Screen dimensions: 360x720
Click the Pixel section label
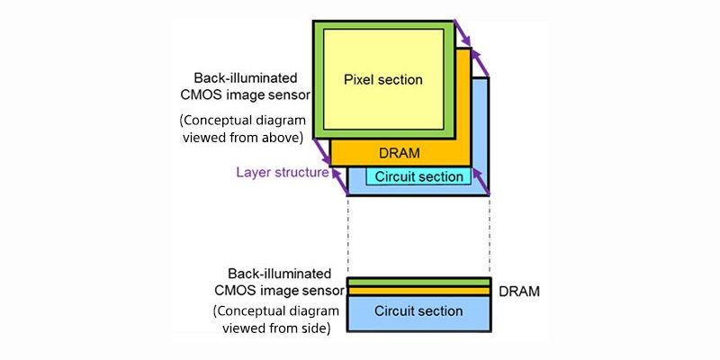(x=382, y=80)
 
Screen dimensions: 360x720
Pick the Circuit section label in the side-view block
(x=418, y=311)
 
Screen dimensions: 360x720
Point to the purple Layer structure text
(x=282, y=172)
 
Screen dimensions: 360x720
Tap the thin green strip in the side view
(x=418, y=282)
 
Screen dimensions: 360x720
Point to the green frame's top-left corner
(x=315, y=21)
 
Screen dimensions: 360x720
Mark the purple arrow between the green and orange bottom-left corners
(x=321, y=150)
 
